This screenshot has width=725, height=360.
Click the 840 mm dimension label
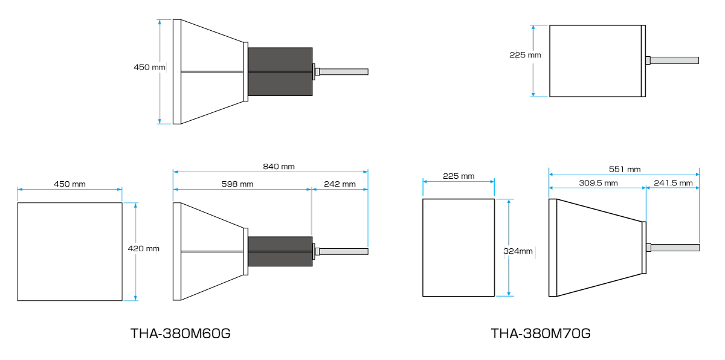(x=279, y=167)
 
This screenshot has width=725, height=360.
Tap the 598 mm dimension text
(x=237, y=184)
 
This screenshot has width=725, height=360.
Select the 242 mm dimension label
(x=340, y=184)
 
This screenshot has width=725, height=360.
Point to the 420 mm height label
(x=143, y=248)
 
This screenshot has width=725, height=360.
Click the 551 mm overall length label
(x=625, y=169)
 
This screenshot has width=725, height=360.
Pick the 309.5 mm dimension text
(x=598, y=183)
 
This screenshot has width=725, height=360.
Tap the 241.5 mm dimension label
(x=673, y=183)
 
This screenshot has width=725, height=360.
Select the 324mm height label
(x=518, y=251)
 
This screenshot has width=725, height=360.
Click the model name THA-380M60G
(x=180, y=333)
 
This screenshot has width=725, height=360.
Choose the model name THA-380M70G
(x=541, y=333)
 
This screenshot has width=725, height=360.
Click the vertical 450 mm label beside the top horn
(x=149, y=67)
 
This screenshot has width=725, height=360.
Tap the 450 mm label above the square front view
(x=69, y=184)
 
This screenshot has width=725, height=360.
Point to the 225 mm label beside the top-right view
(x=525, y=55)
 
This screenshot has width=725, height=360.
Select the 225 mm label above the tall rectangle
(x=459, y=176)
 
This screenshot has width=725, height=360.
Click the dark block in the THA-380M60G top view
(x=280, y=72)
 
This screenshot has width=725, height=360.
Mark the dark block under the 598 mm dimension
(x=280, y=251)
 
